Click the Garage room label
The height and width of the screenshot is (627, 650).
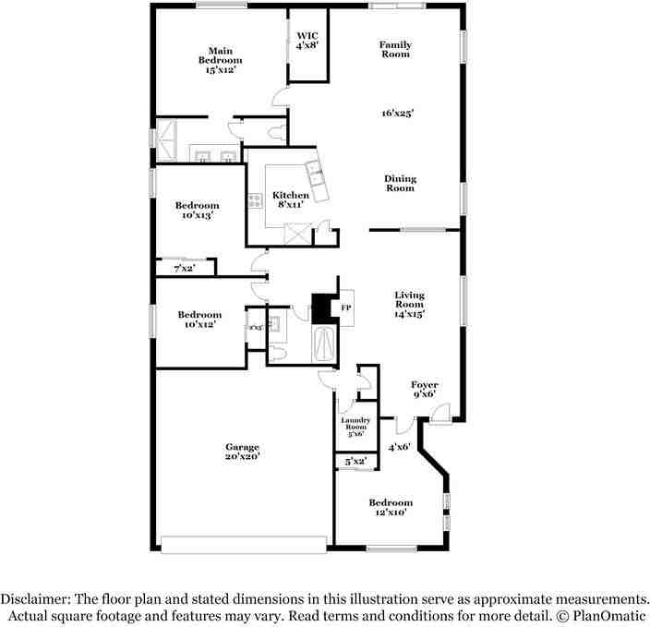point(242,452)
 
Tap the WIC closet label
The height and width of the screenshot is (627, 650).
point(307,41)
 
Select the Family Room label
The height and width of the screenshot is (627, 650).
point(395,49)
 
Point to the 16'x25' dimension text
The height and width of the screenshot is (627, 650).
point(397,114)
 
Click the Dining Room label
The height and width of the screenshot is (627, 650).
point(400,183)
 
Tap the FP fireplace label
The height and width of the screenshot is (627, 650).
point(346,307)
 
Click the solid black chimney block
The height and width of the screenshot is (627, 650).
point(320,307)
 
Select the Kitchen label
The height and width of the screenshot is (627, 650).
point(290,199)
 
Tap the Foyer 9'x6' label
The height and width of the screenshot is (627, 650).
point(425,389)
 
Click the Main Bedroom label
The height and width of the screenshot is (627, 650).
point(219,60)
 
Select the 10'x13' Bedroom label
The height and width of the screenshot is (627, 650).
point(199,210)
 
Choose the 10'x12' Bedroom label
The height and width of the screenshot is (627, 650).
point(199,319)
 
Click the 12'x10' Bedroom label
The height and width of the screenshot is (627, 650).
point(391,507)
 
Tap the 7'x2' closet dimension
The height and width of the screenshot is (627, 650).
point(185,269)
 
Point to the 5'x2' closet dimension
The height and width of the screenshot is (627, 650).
point(355,460)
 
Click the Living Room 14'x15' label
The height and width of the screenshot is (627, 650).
point(409,304)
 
